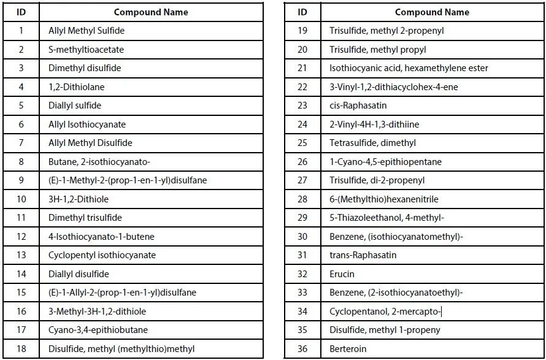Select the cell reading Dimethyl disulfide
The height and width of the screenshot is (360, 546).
pos(85,68)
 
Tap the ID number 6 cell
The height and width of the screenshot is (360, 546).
pos(21,124)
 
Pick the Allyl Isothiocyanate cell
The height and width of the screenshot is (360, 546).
pos(87,124)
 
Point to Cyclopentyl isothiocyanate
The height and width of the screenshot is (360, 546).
pos(102,255)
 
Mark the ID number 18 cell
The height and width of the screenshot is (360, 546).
pos(21,349)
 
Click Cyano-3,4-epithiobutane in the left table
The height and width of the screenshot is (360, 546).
pos(98,330)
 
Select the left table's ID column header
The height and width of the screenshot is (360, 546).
pos(21,12)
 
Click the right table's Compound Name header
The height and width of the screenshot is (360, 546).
pos(432,12)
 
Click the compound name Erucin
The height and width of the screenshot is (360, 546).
pos(342,274)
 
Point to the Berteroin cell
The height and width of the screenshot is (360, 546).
pos(348,349)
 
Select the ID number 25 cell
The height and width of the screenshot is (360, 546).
pos(302,143)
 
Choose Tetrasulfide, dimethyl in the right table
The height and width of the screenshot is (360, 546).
pos(372,143)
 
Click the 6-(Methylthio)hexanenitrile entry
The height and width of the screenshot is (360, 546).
pos(384,199)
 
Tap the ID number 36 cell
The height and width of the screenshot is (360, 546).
pos(302,349)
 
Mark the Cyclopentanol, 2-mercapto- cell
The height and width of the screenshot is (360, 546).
pos(385,312)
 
